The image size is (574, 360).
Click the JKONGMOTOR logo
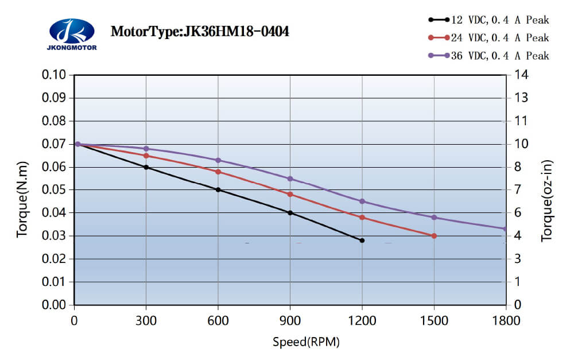coord(71,34)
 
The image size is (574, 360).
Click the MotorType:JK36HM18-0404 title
coord(199,31)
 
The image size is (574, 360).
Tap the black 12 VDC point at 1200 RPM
coord(362,241)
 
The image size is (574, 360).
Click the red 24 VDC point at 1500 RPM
coord(434,236)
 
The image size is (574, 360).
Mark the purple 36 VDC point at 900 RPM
coord(290,179)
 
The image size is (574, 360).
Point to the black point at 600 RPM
coord(218,189)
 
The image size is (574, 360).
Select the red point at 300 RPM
coord(146,156)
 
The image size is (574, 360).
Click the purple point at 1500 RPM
coord(434,217)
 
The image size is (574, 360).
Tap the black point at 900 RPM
coord(290,213)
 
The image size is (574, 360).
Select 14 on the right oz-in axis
coord(521,75)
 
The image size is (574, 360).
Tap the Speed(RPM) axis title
coord(306,343)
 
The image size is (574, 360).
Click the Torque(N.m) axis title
coord(22,189)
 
